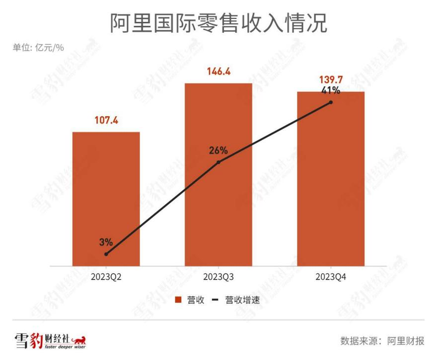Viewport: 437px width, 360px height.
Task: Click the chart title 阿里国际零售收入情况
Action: (x=218, y=23)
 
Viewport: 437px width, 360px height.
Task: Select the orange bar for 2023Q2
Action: (x=106, y=199)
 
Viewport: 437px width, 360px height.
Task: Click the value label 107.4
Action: (x=106, y=120)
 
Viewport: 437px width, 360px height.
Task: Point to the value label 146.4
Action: (x=218, y=72)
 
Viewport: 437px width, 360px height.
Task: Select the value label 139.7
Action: (x=331, y=79)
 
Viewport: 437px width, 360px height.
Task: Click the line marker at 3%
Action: (x=106, y=254)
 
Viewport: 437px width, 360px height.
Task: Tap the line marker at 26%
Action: (x=218, y=162)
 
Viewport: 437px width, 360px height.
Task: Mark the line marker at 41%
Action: (x=331, y=102)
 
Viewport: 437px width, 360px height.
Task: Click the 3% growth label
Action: (x=106, y=242)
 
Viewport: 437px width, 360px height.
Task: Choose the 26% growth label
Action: (x=218, y=150)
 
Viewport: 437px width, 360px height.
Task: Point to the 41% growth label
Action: (x=330, y=90)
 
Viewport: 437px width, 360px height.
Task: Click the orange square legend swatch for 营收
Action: (x=178, y=300)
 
